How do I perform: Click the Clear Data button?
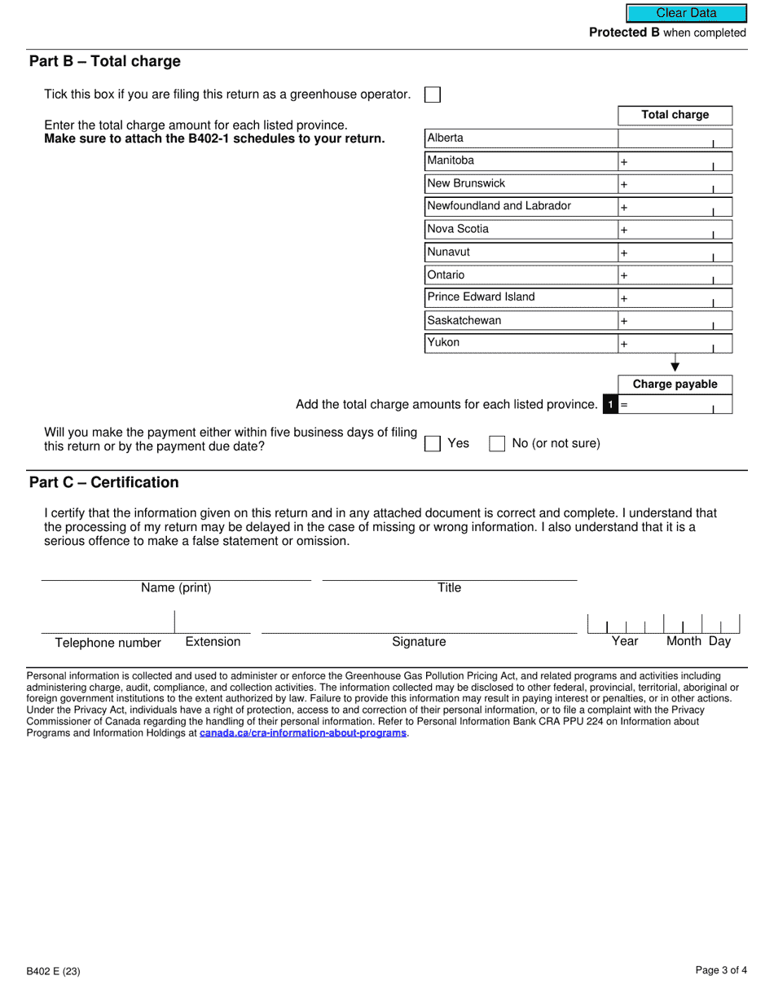coord(686,13)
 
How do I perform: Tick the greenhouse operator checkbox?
coord(433,94)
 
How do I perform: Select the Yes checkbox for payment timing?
coord(433,444)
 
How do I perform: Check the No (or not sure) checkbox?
coord(497,444)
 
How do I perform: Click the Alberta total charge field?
coord(675,138)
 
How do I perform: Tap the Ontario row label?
coord(446,275)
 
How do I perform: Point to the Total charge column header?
coord(675,115)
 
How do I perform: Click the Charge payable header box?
coord(675,385)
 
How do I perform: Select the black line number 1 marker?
coord(610,404)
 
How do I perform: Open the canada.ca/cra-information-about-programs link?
coord(302,733)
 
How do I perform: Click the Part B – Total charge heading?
coord(105,62)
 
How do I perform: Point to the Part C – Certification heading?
coord(104,482)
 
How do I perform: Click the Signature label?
coord(419,642)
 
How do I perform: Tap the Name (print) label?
coord(176,588)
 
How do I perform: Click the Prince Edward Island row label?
coord(481,297)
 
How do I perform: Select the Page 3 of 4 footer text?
coord(720,970)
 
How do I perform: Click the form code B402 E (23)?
coord(53,971)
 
